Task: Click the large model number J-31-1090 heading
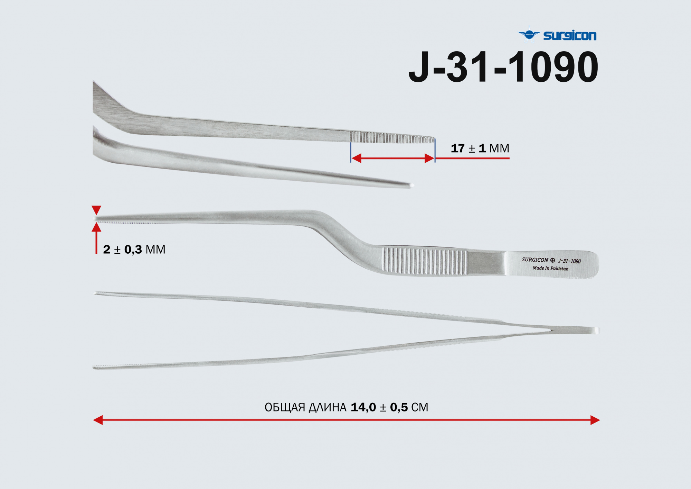pyautogui.click(x=503, y=67)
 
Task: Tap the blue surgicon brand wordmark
pyautogui.click(x=570, y=35)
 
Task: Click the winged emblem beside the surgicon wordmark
pyautogui.click(x=529, y=35)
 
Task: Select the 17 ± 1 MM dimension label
pyautogui.click(x=480, y=148)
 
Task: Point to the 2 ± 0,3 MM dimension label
pyautogui.click(x=134, y=250)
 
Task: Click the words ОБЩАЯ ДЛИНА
pyautogui.click(x=305, y=407)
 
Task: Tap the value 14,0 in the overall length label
pyautogui.click(x=363, y=407)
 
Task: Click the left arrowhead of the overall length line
pyautogui.click(x=98, y=420)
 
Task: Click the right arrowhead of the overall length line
pyautogui.click(x=595, y=420)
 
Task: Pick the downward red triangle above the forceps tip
pyautogui.click(x=96, y=210)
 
